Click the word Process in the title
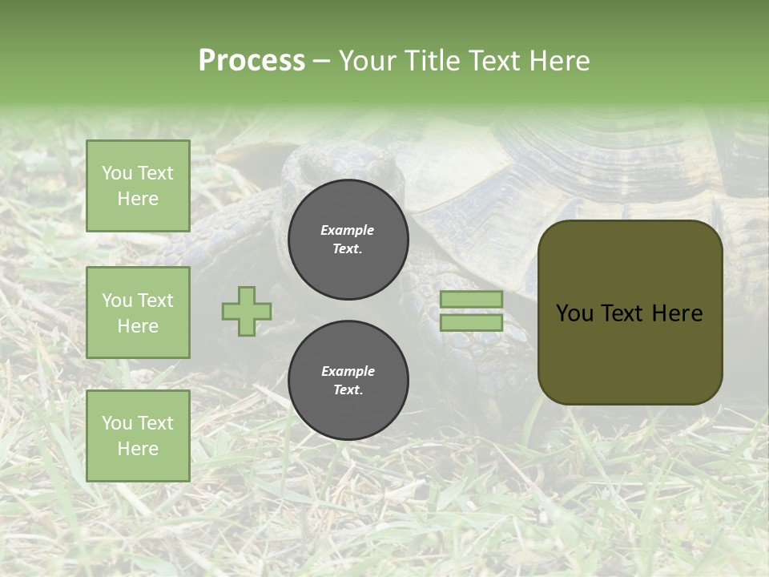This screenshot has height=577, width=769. [x=252, y=61]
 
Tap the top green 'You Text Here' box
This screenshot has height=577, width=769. [x=138, y=186]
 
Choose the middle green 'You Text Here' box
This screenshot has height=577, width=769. [x=138, y=313]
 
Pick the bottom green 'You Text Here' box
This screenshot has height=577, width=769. [x=138, y=435]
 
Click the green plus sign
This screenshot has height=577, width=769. [x=247, y=311]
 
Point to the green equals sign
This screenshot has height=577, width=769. [x=472, y=311]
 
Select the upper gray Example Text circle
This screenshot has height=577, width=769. [x=348, y=240]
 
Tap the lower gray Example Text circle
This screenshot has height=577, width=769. [x=348, y=381]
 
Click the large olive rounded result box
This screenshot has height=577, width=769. [x=630, y=313]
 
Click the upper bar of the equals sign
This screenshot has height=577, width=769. [x=472, y=299]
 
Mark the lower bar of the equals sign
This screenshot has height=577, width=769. [x=472, y=323]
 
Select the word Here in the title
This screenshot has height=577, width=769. [x=561, y=61]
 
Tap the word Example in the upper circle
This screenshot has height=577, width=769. [x=347, y=230]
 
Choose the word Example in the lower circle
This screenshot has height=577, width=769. [x=348, y=371]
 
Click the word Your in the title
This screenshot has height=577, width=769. [x=366, y=61]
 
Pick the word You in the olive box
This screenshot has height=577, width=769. [x=574, y=313]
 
